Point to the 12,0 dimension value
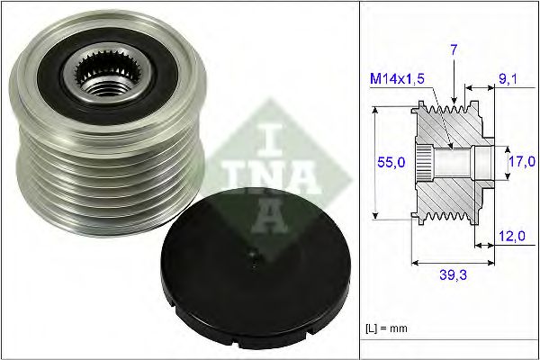pyautogui.click(x=510, y=237)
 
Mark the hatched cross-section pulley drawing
pyautogui.click(x=450, y=162)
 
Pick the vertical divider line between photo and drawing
pyautogui.click(x=359, y=180)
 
